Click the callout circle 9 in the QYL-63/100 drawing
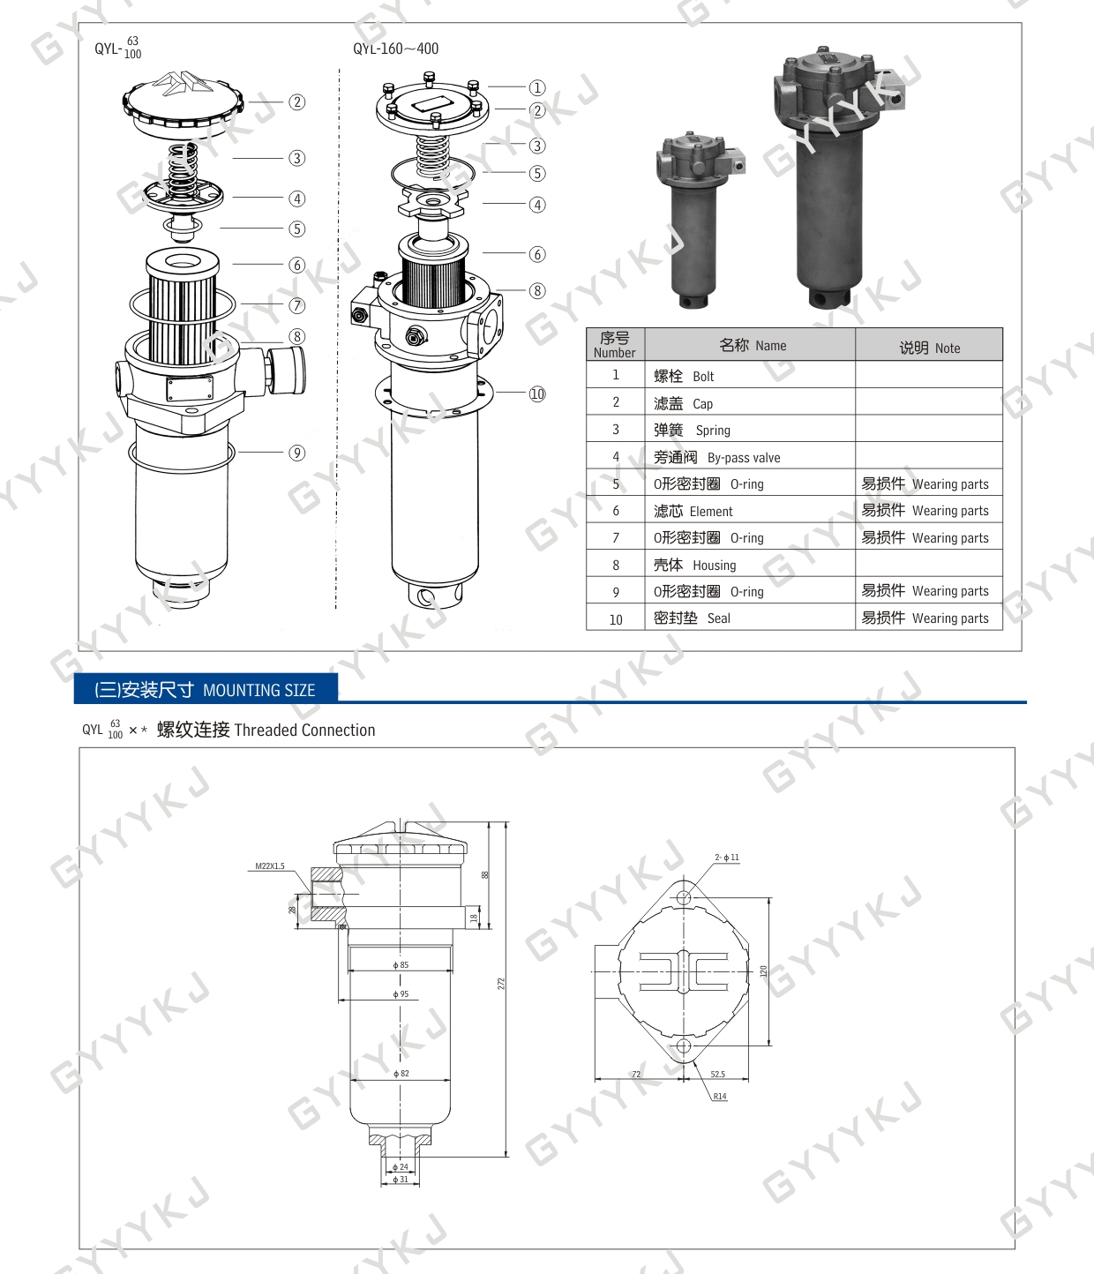click(x=297, y=453)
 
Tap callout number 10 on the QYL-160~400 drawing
click(x=537, y=393)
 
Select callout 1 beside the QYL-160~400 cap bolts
click(x=537, y=87)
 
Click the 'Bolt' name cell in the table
click(x=749, y=375)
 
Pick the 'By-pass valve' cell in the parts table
click(x=749, y=456)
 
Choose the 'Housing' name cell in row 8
click(x=749, y=564)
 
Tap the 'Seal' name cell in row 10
click(x=749, y=617)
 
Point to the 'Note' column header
click(x=929, y=345)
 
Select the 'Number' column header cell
click(x=615, y=345)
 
